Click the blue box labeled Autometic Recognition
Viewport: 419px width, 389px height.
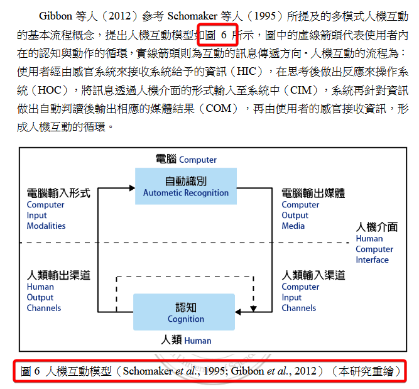[186, 186]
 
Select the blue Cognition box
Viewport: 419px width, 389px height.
[184, 312]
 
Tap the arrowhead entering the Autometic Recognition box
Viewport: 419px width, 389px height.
[132, 188]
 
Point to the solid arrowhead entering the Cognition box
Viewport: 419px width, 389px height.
[238, 312]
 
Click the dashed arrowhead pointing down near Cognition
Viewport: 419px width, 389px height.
[253, 309]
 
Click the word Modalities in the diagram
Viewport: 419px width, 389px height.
[46, 226]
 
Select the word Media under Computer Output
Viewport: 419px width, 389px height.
[293, 226]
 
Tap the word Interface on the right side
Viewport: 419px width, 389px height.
[372, 260]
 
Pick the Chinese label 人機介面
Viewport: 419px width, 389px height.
[377, 227]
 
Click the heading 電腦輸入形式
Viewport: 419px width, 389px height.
[58, 193]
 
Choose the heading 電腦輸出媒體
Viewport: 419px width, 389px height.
[313, 193]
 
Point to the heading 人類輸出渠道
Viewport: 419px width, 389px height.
[58, 275]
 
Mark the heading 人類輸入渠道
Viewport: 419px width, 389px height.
[313, 275]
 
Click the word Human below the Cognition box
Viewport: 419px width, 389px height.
[198, 341]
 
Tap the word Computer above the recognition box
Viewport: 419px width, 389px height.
[198, 160]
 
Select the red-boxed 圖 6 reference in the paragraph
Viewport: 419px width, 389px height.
[217, 35]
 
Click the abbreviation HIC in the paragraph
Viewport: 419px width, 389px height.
[247, 72]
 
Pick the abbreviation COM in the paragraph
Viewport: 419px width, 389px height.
[218, 108]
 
